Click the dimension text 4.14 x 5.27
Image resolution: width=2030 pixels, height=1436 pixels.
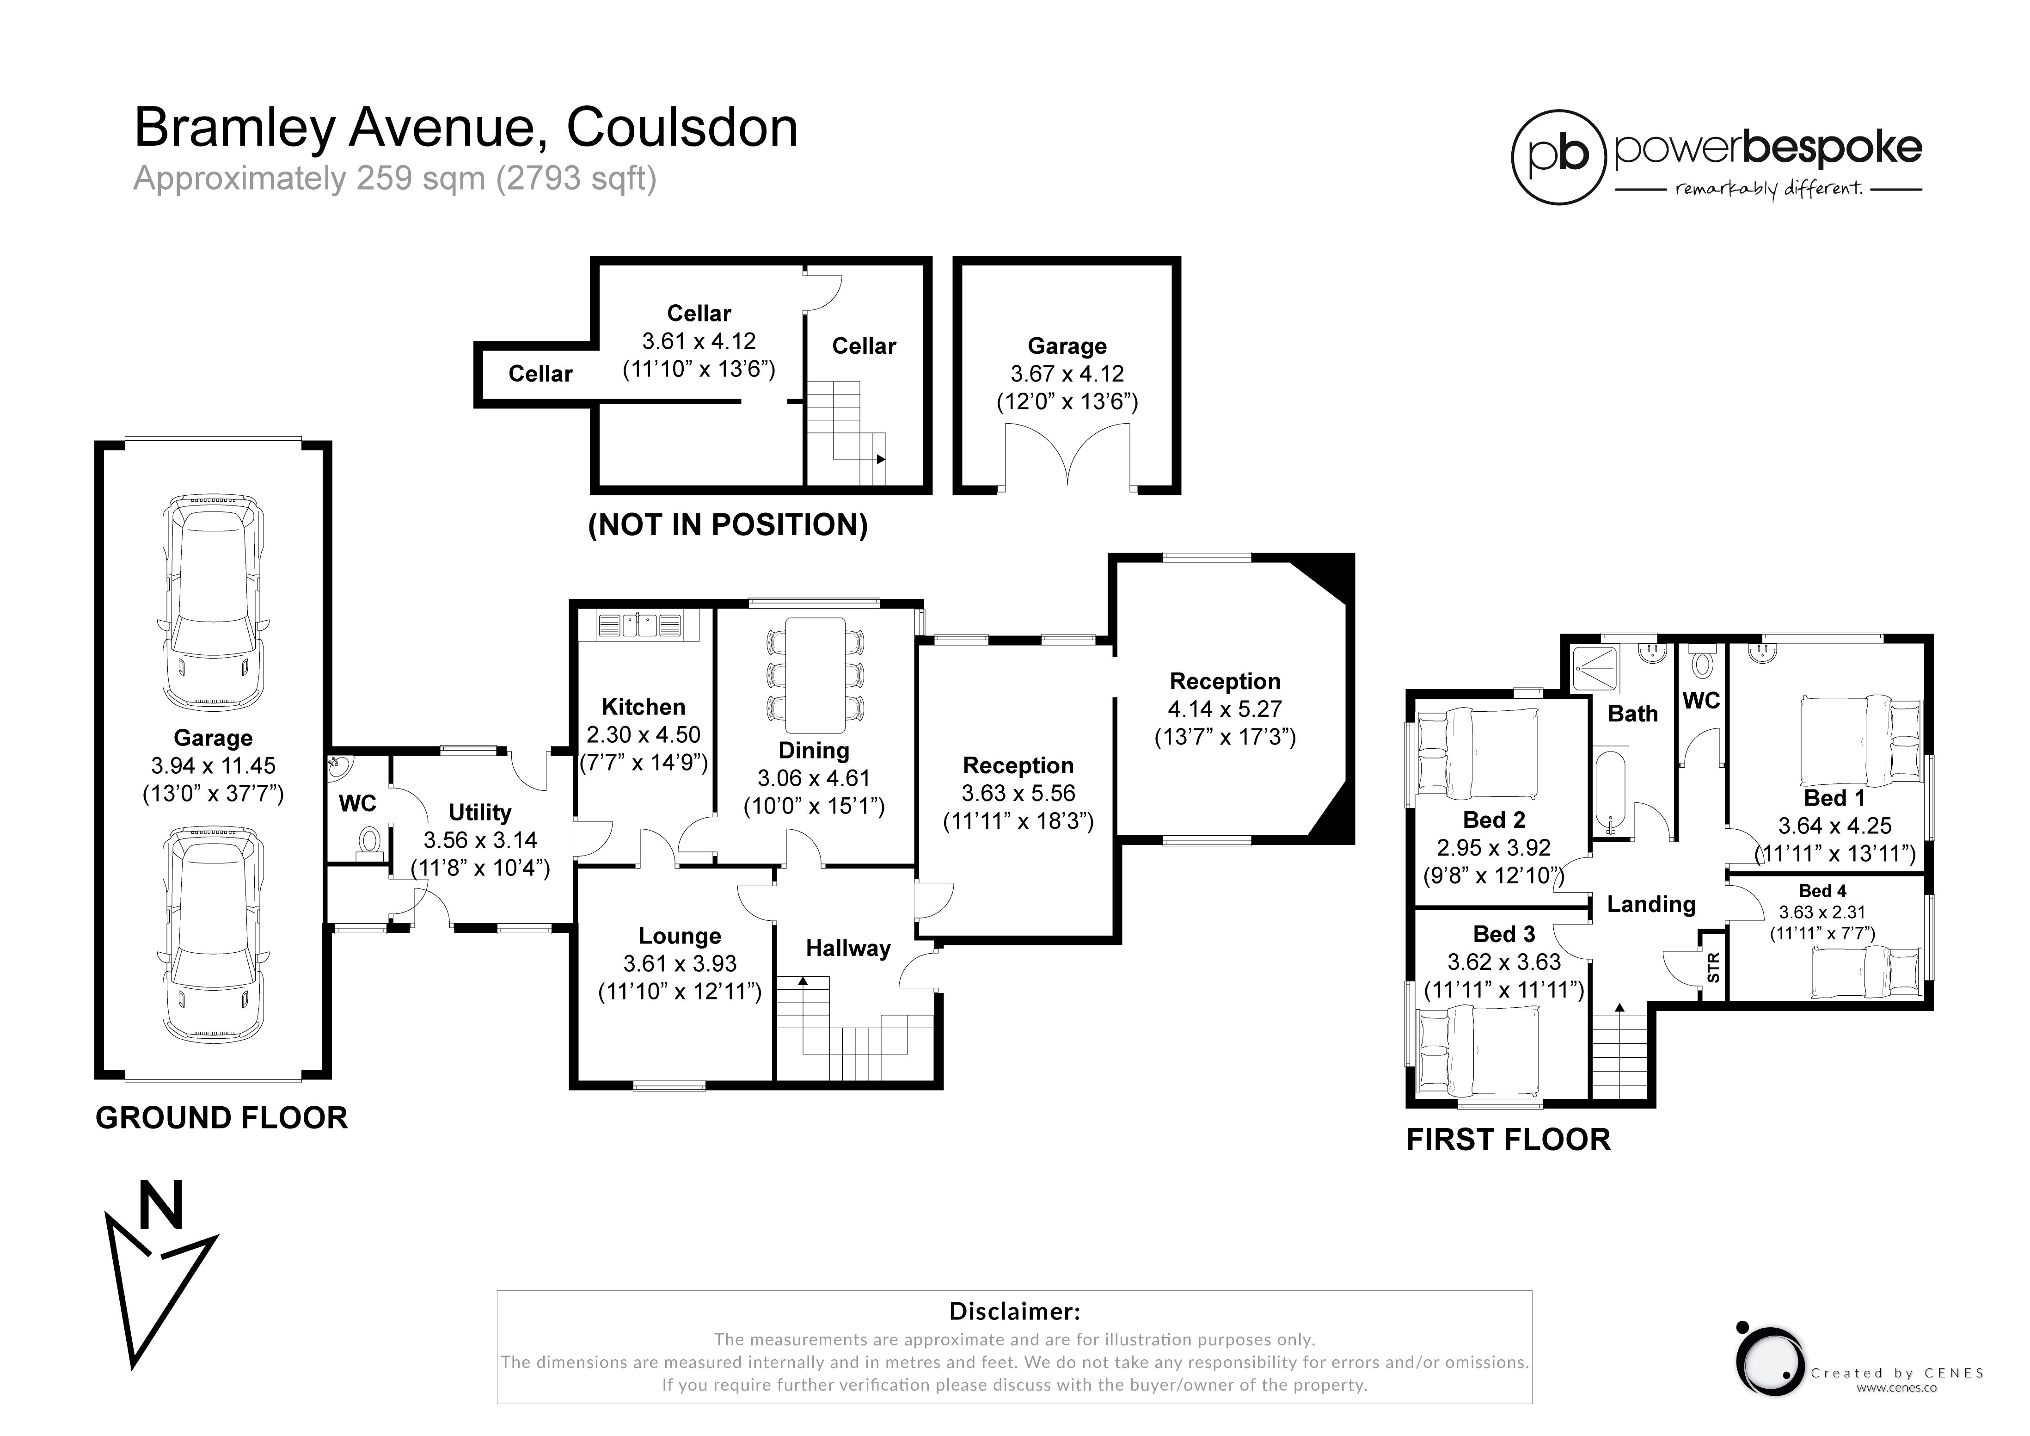1225,709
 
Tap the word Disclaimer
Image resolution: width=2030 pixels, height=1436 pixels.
1014,1311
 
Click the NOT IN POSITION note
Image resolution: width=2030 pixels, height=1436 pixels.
728,525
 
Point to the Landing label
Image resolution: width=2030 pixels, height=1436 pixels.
1651,905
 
